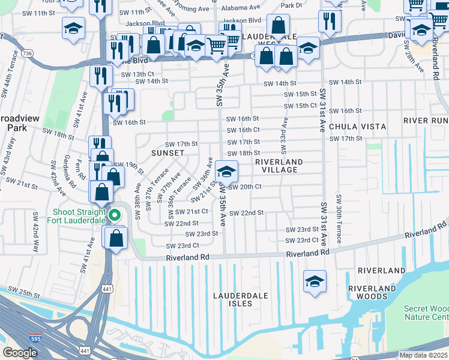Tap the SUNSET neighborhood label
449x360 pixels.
point(167,153)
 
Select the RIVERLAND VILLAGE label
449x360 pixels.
point(279,166)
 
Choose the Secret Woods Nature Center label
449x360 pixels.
point(427,313)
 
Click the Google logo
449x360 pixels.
point(20,353)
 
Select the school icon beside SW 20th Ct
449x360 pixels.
point(226,170)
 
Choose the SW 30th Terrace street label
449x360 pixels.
point(340,219)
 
